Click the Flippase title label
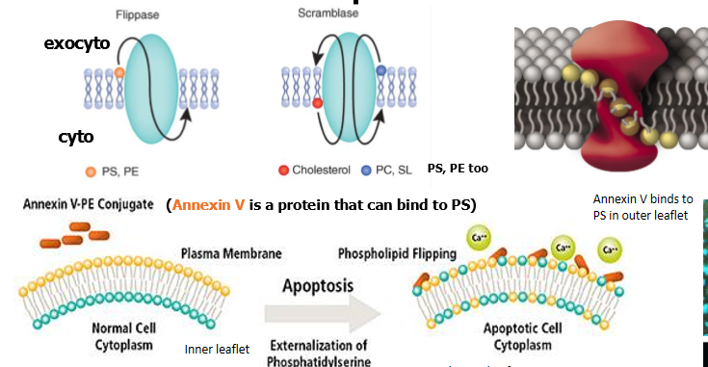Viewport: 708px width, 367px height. pos(139,15)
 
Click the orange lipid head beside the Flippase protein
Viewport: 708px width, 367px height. pos(119,71)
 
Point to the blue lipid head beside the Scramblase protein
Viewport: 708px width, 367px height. pos(380,71)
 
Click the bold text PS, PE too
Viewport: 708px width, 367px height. pos(458,169)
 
